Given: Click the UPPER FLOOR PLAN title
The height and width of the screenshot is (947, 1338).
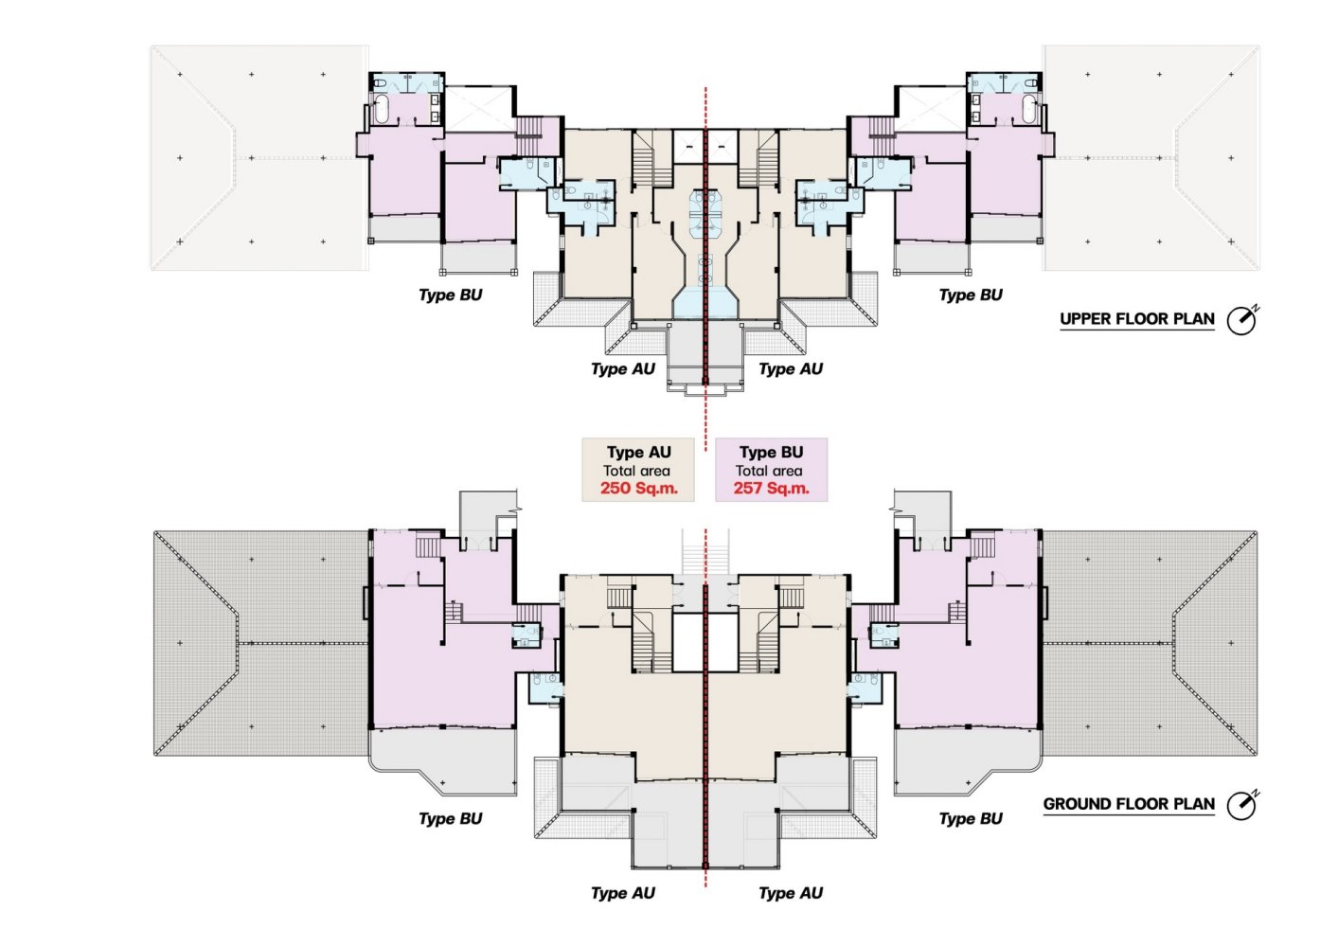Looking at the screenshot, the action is click(x=1136, y=319).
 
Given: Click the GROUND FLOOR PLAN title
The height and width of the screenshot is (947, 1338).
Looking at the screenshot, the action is click(x=1129, y=804).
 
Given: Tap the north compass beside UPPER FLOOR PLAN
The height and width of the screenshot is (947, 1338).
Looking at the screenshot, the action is click(x=1242, y=320).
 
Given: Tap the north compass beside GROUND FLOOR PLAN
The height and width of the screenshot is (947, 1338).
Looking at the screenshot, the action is click(x=1242, y=805).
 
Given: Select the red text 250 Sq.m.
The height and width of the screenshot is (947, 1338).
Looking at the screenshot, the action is click(x=639, y=488).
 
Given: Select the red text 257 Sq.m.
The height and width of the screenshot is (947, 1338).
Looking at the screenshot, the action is click(x=771, y=488).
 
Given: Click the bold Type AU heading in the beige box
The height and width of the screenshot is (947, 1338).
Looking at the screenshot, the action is click(x=639, y=453).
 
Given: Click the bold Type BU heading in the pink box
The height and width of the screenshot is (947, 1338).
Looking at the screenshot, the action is click(x=771, y=453).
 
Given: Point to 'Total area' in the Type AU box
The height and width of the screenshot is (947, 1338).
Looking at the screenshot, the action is click(x=636, y=471).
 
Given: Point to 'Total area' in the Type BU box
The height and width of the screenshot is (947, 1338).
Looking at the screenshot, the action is click(x=769, y=471).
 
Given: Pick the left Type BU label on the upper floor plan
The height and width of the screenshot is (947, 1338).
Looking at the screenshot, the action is click(x=451, y=295).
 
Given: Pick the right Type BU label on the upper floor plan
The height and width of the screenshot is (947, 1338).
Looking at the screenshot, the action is click(x=971, y=295).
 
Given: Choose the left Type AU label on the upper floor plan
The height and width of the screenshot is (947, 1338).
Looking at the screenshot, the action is click(x=623, y=369).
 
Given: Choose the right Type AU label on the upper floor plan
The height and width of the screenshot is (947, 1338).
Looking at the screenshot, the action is click(x=791, y=369).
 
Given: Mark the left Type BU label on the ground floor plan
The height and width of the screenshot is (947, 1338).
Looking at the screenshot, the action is click(x=451, y=819).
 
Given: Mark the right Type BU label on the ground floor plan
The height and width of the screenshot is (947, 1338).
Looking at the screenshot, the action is click(x=971, y=819).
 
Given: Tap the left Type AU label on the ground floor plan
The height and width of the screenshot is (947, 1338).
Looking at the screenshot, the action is click(x=623, y=893).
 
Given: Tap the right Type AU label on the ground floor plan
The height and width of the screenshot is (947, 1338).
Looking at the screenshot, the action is click(x=791, y=893).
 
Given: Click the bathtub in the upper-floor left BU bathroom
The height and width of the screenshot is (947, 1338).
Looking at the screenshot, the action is click(x=381, y=109).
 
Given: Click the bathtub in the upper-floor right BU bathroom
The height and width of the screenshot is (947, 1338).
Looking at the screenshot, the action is click(x=1029, y=109).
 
